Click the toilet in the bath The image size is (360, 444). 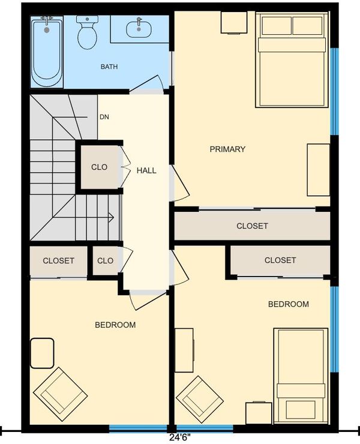pyautogui.click(x=87, y=32)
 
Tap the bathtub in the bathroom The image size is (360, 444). pyautogui.click(x=47, y=52)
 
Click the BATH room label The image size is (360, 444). pyautogui.click(x=109, y=67)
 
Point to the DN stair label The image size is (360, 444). pyautogui.click(x=104, y=117)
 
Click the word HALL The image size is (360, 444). pyautogui.click(x=146, y=170)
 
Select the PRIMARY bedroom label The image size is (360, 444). pyautogui.click(x=227, y=149)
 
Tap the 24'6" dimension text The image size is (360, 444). pyautogui.click(x=179, y=437)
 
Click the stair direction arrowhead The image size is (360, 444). pyautogui.click(x=112, y=217)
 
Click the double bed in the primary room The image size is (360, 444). pyautogui.click(x=292, y=59)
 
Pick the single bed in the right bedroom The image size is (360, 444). pyautogui.click(x=301, y=377)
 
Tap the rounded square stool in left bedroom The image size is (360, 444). pyautogui.click(x=42, y=353)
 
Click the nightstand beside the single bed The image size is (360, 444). pyautogui.click(x=259, y=413)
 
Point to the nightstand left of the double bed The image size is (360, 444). pyautogui.click(x=234, y=22)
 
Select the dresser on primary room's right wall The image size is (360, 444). pyautogui.click(x=319, y=170)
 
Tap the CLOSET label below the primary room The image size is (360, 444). pyautogui.click(x=252, y=226)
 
